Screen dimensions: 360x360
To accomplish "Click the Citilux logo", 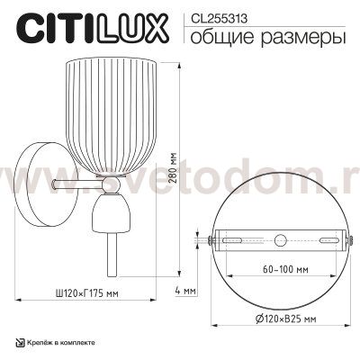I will pyautogui.click(x=88, y=29).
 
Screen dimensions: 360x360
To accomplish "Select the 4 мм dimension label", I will pyautogui.click(x=184, y=290).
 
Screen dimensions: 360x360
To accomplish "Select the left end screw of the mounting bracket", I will pyautogui.click(x=211, y=240).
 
